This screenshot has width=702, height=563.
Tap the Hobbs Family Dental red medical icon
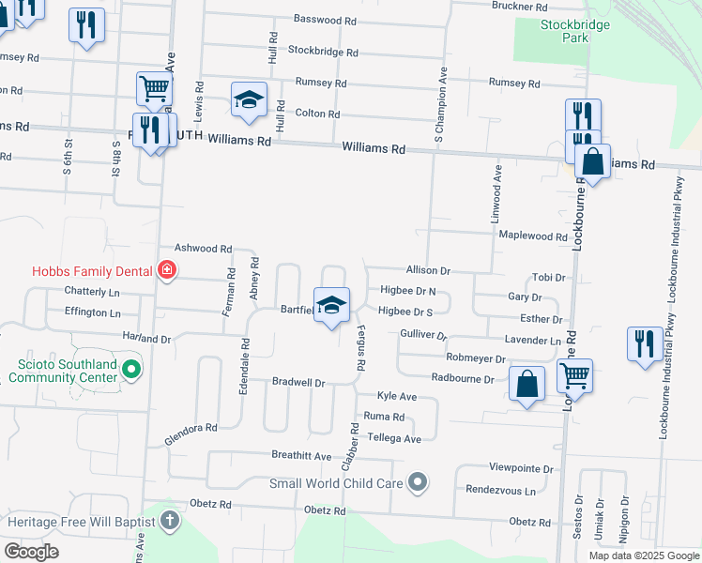point(167,270)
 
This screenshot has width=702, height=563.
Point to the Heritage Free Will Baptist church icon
point(170,521)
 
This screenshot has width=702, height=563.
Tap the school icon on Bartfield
point(331,305)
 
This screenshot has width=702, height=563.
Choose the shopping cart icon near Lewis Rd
point(154,89)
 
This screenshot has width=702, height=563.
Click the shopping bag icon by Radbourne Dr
point(526,384)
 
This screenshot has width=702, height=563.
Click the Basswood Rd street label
point(325,19)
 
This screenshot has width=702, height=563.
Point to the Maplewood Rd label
point(533,236)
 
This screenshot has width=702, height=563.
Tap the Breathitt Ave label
point(301,456)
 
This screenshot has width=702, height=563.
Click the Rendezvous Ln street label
point(500,490)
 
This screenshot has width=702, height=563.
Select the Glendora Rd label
point(191,434)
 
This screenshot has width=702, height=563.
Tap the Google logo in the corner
point(31,551)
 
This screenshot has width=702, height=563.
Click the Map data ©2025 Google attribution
point(643,555)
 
